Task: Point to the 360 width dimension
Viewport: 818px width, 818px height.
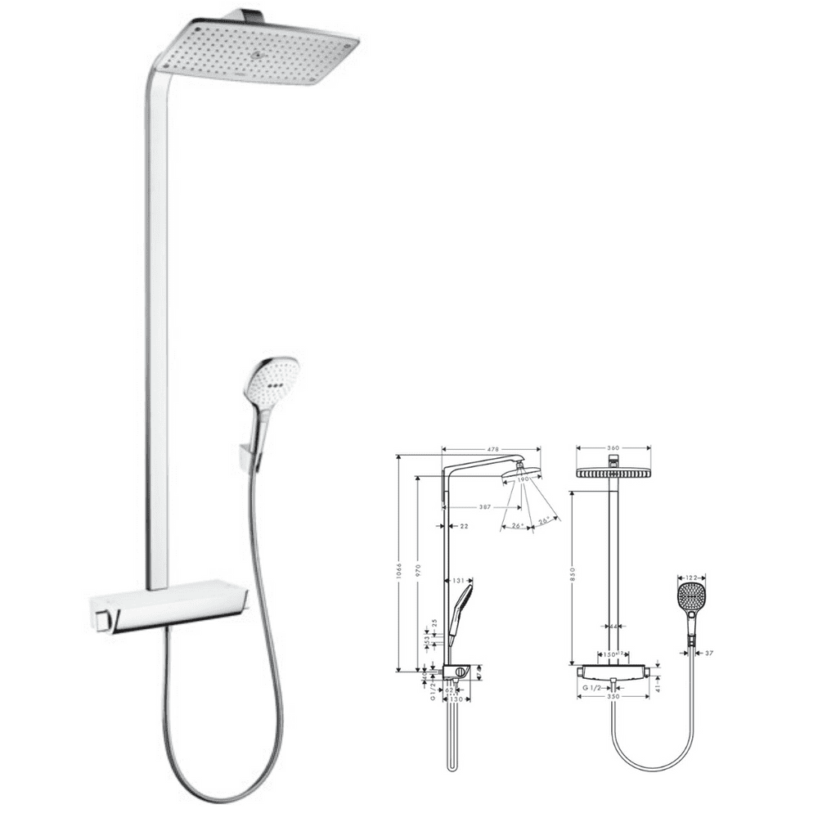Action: coord(613,447)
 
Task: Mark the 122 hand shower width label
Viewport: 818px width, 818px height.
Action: coord(691,578)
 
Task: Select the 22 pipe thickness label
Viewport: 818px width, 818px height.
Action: coord(464,526)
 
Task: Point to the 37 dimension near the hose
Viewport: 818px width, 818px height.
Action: coord(708,652)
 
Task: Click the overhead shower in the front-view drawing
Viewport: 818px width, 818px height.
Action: coord(613,472)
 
